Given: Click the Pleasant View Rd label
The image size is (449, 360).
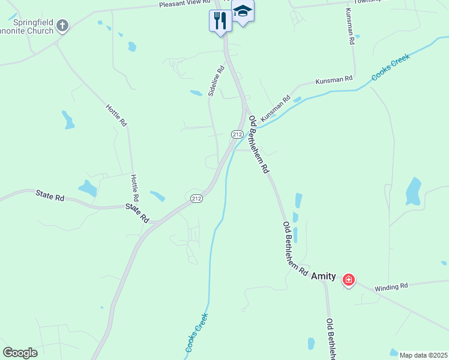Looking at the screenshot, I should (183, 4).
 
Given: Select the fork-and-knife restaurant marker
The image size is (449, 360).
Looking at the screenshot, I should (220, 21).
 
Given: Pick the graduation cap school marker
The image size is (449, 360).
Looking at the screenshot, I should (243, 11).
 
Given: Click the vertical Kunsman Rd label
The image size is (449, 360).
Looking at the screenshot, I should (349, 27).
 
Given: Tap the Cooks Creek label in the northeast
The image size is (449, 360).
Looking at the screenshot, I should (390, 67).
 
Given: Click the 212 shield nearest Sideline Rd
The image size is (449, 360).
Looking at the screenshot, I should (237, 134).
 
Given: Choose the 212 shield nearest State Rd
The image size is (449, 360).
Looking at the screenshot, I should (196, 198).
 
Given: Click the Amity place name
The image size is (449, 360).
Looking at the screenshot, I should (323, 275).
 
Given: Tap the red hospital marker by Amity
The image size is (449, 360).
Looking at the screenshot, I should (348, 280).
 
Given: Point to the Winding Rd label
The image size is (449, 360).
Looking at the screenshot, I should (391, 287).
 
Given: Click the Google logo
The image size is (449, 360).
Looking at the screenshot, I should (20, 353).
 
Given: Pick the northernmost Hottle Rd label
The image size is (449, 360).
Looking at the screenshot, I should (116, 115).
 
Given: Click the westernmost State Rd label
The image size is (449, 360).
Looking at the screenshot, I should (49, 195).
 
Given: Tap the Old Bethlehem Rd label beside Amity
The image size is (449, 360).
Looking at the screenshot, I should (295, 248).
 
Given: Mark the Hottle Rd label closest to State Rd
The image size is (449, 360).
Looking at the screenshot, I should (135, 188).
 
